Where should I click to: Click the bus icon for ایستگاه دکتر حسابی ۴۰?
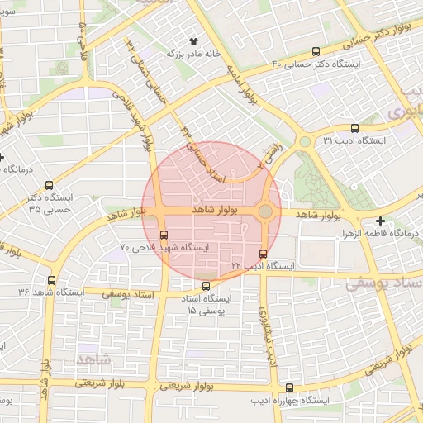tap(316, 51)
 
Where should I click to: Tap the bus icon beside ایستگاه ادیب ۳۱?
tap(354, 128)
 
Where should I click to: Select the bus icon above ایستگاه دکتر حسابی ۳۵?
tap(50, 186)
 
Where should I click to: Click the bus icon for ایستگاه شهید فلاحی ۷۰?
tap(164, 234)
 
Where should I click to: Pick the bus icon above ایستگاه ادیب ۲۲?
tap(263, 254)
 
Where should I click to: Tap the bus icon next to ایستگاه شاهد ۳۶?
tap(52, 281)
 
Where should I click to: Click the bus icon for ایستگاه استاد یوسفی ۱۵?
tap(207, 286)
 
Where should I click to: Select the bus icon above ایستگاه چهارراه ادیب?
tap(289, 387)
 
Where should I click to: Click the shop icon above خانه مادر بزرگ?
tap(195, 40)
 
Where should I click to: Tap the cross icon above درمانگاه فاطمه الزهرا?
tap(380, 221)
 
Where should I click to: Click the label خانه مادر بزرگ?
tap(195, 53)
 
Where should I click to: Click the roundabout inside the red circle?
tap(264, 212)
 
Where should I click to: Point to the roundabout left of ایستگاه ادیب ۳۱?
tap(305, 141)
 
